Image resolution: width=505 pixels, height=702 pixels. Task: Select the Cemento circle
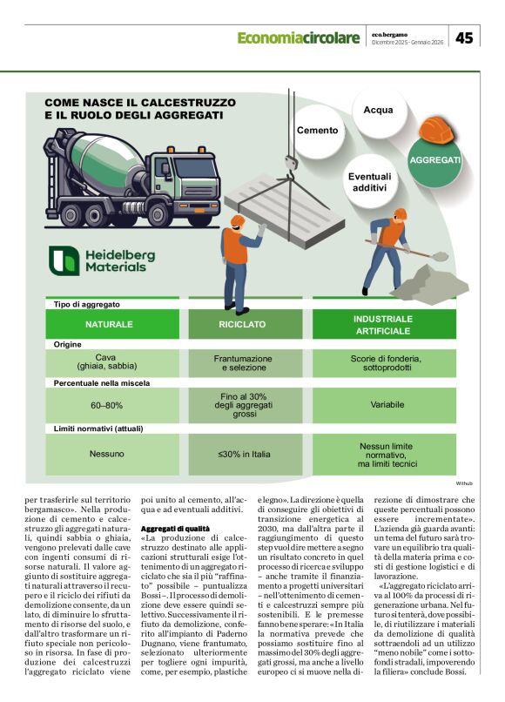pyautogui.click(x=317, y=130)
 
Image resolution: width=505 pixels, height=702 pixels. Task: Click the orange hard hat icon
pyautogui.click(x=441, y=131)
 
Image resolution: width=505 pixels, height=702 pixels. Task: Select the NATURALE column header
pyautogui.click(x=110, y=324)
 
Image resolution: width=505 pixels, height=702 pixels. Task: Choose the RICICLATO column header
pyautogui.click(x=242, y=324)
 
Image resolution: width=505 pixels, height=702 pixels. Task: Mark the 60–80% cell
pyautogui.click(x=107, y=405)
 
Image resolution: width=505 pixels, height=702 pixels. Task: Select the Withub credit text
pyautogui.click(x=464, y=483)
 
